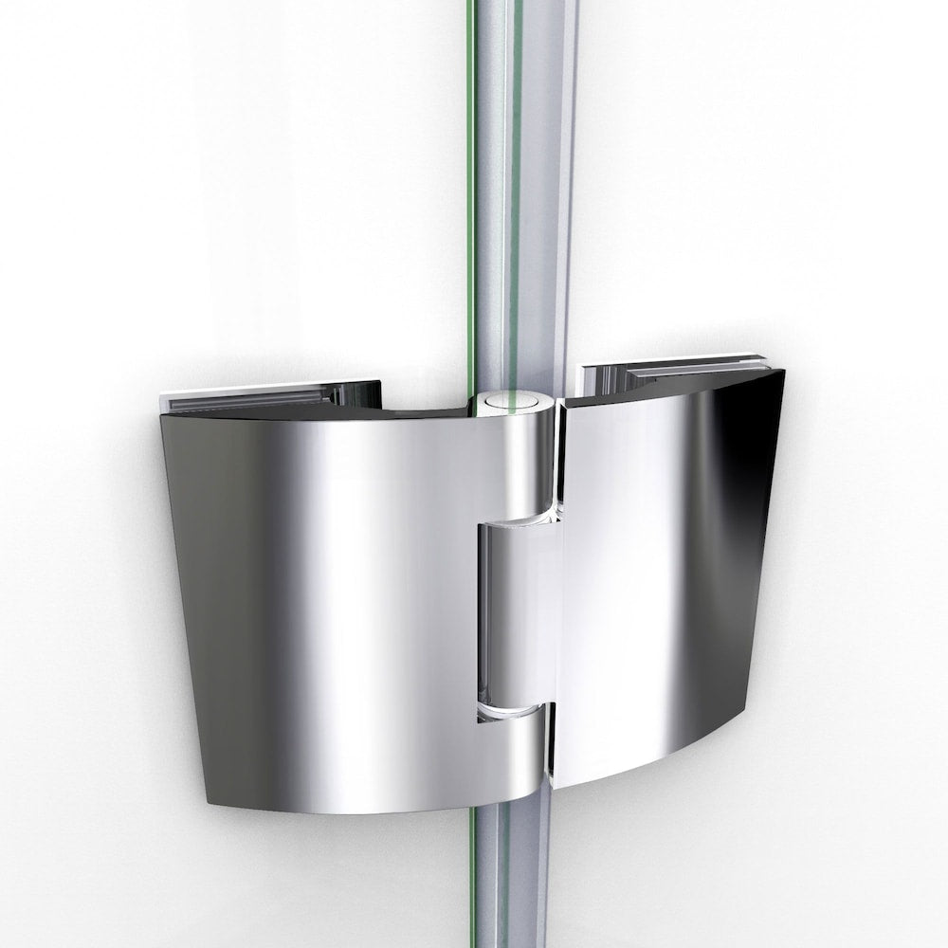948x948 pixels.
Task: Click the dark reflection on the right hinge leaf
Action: click(x=749, y=474)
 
